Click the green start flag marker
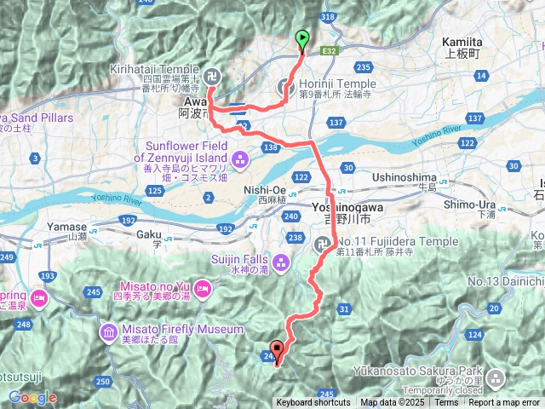[302, 39]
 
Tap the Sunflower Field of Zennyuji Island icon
[239, 158]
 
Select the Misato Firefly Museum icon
[110, 331]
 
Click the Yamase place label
[72, 227]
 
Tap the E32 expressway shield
[330, 51]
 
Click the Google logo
[32, 397]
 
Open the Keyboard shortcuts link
[313, 403]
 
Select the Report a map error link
[504, 403]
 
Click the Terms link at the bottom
[445, 403]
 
